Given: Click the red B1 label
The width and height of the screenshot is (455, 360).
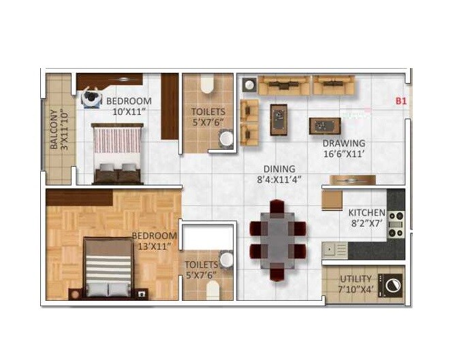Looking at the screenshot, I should pyautogui.click(x=401, y=101).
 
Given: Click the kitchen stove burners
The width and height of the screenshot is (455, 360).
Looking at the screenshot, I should pyautogui.click(x=396, y=225).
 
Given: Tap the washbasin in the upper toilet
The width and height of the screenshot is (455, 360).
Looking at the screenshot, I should pyautogui.click(x=225, y=140).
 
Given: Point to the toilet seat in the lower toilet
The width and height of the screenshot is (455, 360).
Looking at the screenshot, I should pyautogui.click(x=213, y=290).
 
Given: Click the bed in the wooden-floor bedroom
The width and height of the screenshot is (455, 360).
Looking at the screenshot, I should pyautogui.click(x=108, y=269).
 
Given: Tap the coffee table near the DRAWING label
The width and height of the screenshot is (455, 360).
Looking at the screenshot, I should pyautogui.click(x=324, y=126).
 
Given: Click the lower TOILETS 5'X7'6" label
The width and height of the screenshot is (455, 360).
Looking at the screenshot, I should pyautogui.click(x=201, y=269).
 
